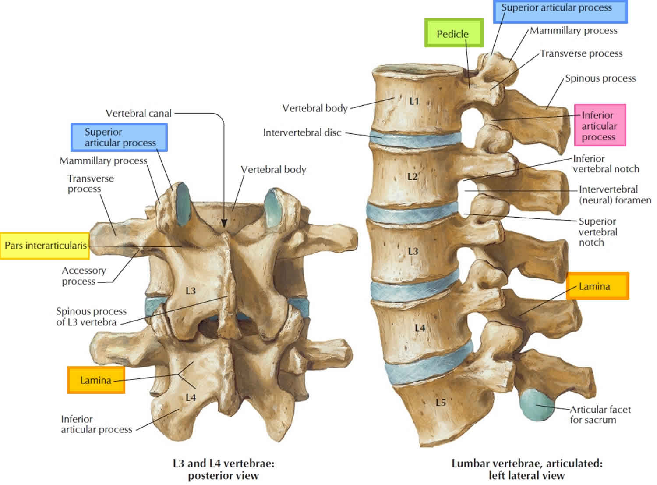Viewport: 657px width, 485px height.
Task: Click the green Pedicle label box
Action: point(454,33)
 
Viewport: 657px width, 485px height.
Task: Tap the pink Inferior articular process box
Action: point(600,125)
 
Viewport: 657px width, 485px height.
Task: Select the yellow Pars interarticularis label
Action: point(45,246)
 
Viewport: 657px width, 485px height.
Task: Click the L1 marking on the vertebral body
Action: point(414,101)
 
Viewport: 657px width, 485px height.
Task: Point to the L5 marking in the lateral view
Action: point(441,402)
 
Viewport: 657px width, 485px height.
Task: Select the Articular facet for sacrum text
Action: point(600,414)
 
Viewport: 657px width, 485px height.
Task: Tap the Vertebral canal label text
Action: point(138,114)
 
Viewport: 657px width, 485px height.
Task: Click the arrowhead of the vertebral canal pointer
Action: point(224,224)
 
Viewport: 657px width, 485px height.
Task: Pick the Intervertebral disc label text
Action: point(302,132)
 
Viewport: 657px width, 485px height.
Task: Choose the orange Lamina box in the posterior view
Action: point(96,380)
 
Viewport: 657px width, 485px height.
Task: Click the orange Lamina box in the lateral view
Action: point(597,286)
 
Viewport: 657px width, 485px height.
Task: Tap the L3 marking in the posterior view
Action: point(191,291)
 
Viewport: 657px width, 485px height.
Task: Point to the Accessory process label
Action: point(84,276)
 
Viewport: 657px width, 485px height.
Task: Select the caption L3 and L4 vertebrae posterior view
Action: point(223,469)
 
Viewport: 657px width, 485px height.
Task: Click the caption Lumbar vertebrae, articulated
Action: point(526,469)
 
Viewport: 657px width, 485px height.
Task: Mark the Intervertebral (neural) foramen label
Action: point(615,195)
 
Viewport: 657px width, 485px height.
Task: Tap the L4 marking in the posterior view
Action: point(191,398)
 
